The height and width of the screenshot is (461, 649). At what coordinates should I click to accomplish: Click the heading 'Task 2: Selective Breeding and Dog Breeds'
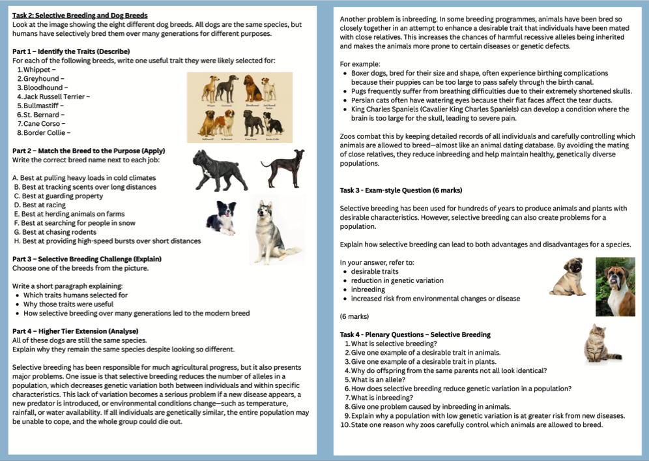79,15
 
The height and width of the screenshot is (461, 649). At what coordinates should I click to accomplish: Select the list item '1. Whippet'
36,69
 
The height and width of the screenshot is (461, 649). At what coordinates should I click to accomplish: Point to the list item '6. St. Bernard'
42,114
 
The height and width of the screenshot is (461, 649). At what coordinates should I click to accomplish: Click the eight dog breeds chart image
239,107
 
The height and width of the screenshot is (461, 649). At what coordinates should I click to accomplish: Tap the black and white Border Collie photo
221,217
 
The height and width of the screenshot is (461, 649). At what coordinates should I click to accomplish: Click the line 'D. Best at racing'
40,205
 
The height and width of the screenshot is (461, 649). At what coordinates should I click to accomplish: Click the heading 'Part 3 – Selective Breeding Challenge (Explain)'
87,259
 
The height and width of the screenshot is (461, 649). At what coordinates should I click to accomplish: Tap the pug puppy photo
566,277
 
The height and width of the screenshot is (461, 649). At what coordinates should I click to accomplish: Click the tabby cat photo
601,344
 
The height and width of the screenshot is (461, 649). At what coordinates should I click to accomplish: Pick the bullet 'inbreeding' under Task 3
368,290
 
